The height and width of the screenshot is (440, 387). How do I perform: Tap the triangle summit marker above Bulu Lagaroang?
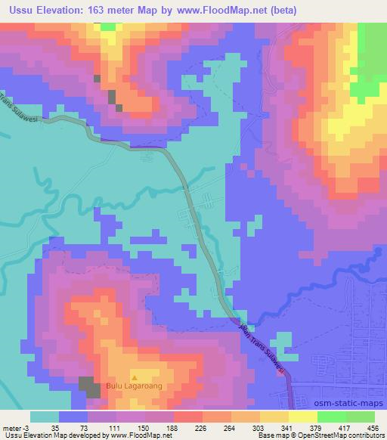point(135,376)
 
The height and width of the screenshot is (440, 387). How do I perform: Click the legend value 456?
point(373,428)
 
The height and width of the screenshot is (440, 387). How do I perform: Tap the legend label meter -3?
point(15,428)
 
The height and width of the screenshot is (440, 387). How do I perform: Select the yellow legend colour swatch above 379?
point(303,417)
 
